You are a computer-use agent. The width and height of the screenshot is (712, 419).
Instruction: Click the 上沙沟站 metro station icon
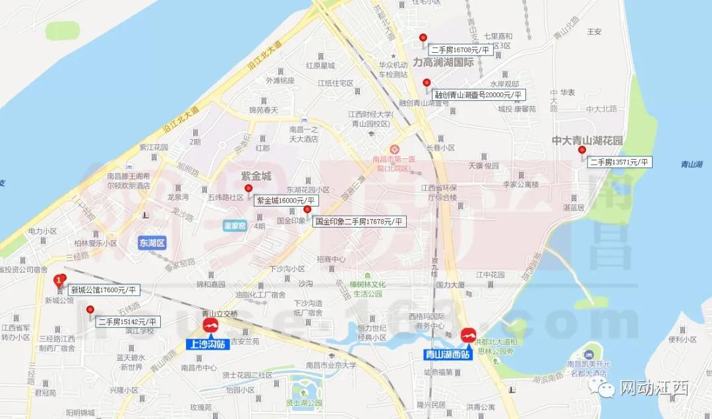pos(212,326)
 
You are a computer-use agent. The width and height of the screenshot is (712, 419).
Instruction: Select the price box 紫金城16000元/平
pos(286,201)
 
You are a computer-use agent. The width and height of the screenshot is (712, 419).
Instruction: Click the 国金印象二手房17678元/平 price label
pos(359,222)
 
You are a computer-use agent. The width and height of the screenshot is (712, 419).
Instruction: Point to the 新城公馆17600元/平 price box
pos(104,290)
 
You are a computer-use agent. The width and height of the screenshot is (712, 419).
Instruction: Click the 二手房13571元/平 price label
pos(620,162)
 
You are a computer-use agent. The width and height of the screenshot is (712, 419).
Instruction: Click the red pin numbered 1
pos(60,280)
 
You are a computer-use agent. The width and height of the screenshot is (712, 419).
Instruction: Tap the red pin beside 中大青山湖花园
pos(581,150)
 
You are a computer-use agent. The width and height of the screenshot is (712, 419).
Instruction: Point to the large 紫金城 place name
pos(256,177)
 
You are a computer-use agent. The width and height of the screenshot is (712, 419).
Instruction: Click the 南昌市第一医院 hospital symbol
pos(394,149)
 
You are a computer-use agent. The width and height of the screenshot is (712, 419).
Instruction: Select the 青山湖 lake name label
pos(692,164)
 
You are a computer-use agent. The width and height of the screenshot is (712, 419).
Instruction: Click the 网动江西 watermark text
pos(654,389)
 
